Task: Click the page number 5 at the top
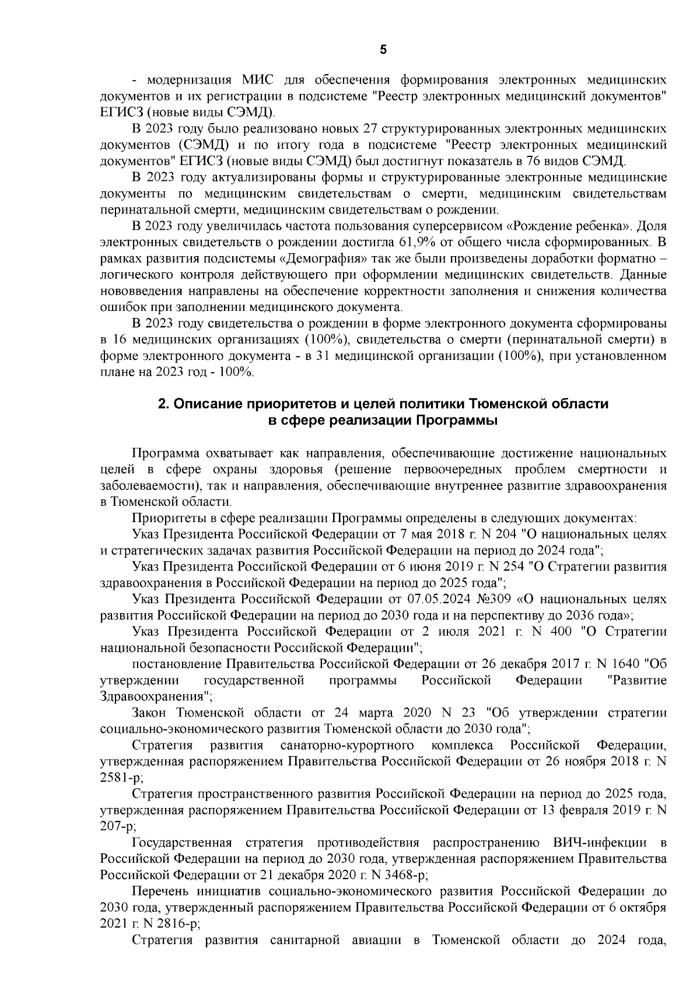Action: click(383, 50)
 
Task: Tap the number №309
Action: click(459, 599)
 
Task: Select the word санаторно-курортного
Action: click(348, 745)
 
